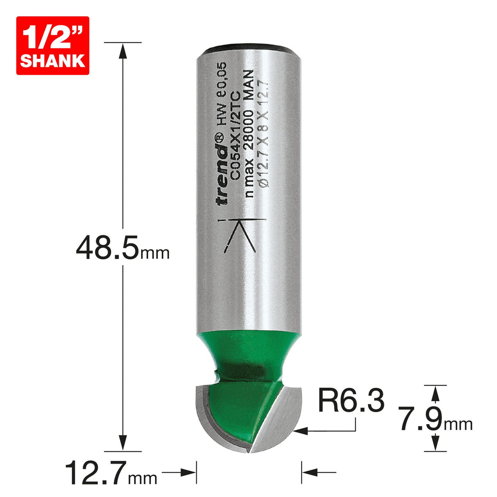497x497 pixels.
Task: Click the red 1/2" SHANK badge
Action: click(x=52, y=45)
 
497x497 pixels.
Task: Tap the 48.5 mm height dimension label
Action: click(x=122, y=248)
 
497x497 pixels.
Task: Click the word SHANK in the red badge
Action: click(x=52, y=61)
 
